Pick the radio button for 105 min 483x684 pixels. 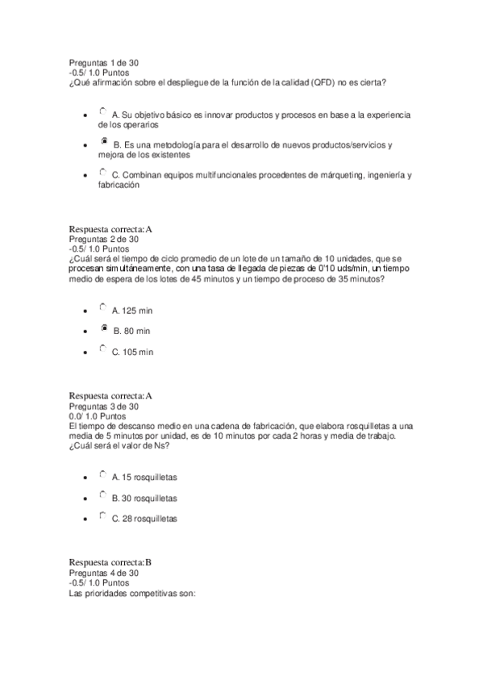pos(102,349)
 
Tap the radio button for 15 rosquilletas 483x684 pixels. pos(102,475)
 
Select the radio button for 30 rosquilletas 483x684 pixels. pos(102,495)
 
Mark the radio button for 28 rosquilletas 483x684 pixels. pos(102,516)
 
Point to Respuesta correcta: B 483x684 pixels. pos(110,562)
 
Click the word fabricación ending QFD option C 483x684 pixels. pos(119,185)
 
